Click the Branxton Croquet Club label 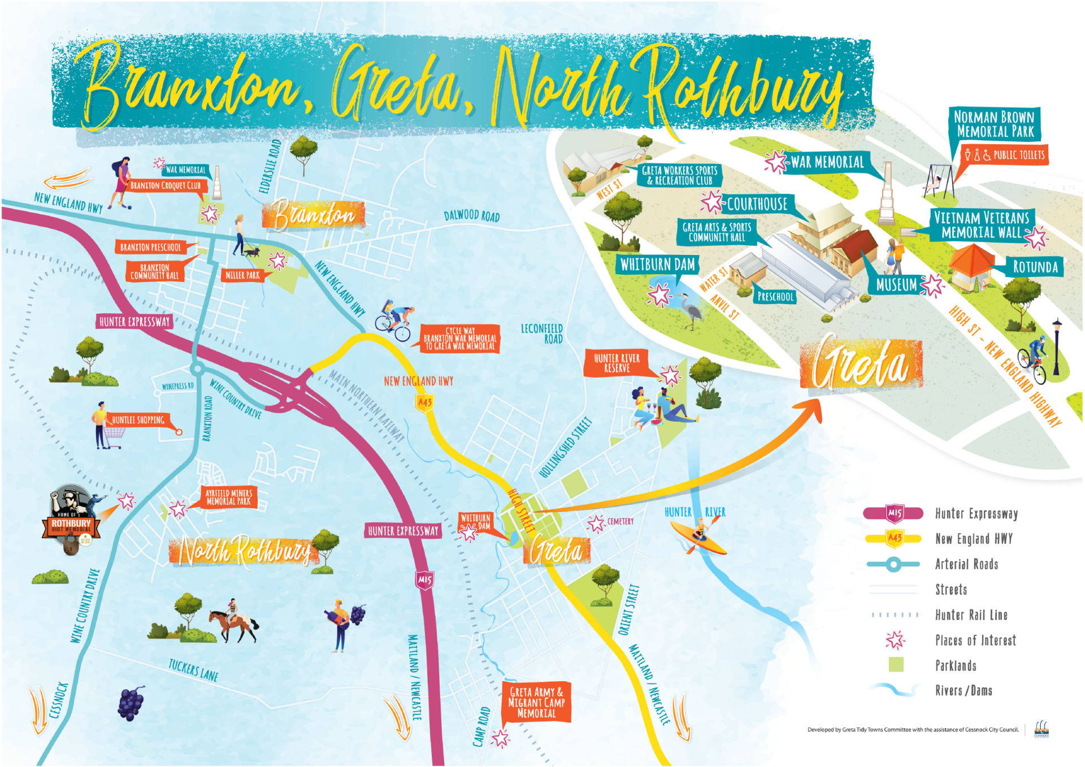[165, 185]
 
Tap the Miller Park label [242, 275]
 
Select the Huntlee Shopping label [138, 420]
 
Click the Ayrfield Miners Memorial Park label [229, 497]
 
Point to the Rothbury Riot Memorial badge [72, 520]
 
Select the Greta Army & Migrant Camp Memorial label [536, 703]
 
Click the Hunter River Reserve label [617, 363]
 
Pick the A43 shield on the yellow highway [425, 403]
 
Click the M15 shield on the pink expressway [425, 580]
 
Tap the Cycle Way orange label [460, 339]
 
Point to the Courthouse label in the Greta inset [757, 204]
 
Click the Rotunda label [1035, 267]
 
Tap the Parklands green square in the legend [896, 665]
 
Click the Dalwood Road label [471, 216]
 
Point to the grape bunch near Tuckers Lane [131, 704]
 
